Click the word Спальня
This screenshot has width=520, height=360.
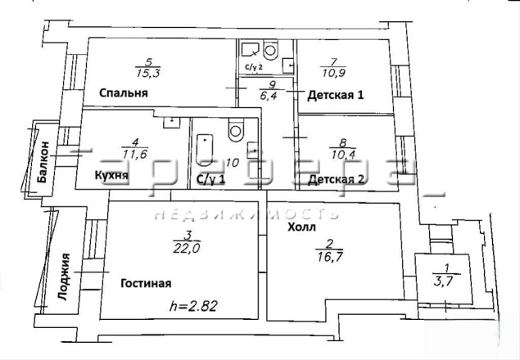pos(124,92)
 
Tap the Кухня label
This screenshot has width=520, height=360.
pos(111,175)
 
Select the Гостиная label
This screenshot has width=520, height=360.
pos(146,283)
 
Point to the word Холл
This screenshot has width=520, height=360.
pos(301,227)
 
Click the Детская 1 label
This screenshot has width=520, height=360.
pos(336,95)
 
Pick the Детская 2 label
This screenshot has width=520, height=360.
pos(336,180)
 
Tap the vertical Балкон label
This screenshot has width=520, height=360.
pos(43,163)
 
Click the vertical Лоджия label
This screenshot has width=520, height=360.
pos(64,277)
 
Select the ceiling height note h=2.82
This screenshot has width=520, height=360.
pos(193,306)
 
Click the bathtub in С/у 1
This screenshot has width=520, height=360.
pos(204,150)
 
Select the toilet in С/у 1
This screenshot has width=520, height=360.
pos(236,129)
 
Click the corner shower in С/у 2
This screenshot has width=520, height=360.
pos(250,50)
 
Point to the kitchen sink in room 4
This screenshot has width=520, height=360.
pos(172,123)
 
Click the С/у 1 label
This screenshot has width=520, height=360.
pos(210,180)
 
